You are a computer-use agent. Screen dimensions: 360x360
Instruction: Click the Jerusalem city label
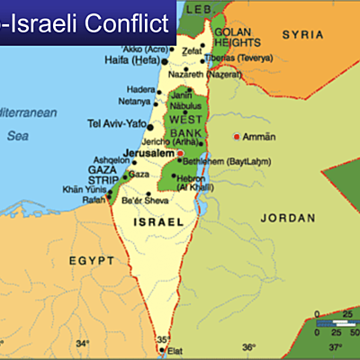(x=148, y=154)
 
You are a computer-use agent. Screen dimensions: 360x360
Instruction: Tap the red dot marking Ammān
(x=237, y=137)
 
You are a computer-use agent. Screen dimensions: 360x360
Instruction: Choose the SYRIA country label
(x=303, y=34)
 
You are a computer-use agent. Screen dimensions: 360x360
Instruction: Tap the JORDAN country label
(x=287, y=218)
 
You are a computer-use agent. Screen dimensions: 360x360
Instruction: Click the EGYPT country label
(x=92, y=260)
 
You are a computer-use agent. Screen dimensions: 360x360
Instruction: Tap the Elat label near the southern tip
(x=175, y=352)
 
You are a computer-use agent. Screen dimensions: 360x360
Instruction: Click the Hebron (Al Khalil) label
(x=193, y=184)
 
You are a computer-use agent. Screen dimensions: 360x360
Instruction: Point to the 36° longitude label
(x=248, y=346)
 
